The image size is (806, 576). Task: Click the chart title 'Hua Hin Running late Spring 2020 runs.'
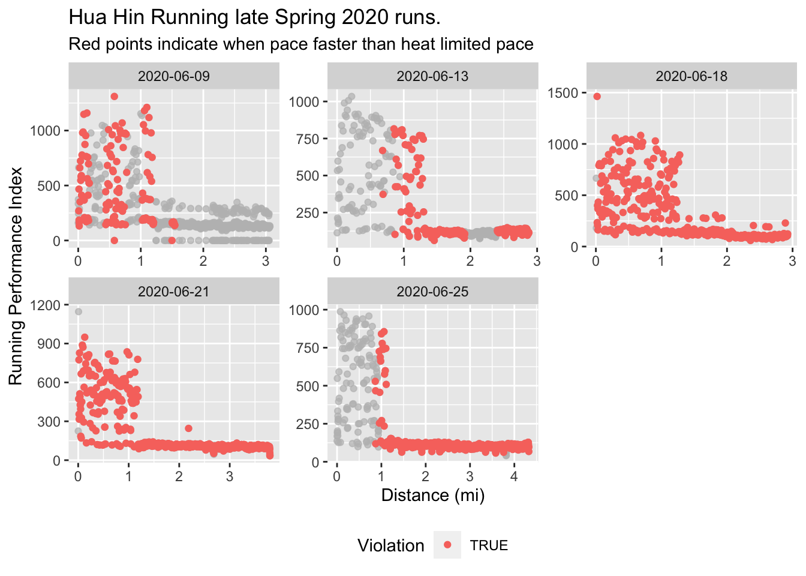click(x=255, y=17)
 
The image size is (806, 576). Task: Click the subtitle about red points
click(x=301, y=44)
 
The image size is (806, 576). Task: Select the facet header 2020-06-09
click(x=174, y=76)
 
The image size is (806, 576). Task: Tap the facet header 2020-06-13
click(x=432, y=76)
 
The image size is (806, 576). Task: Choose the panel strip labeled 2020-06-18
click(x=691, y=76)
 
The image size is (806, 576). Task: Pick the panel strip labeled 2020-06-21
click(x=174, y=292)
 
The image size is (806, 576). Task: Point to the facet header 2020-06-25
click(x=432, y=292)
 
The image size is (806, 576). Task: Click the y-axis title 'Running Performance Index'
click(x=16, y=276)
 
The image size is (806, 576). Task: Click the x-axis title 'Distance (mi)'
click(x=432, y=496)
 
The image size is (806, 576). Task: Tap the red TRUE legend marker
click(x=447, y=545)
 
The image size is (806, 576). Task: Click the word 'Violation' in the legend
click(x=390, y=545)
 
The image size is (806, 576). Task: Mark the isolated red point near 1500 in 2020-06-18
click(x=597, y=96)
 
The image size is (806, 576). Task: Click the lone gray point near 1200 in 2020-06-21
click(x=79, y=311)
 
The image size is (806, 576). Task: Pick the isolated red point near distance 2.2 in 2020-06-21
click(x=188, y=428)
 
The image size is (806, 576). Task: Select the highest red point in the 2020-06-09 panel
click(x=114, y=97)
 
